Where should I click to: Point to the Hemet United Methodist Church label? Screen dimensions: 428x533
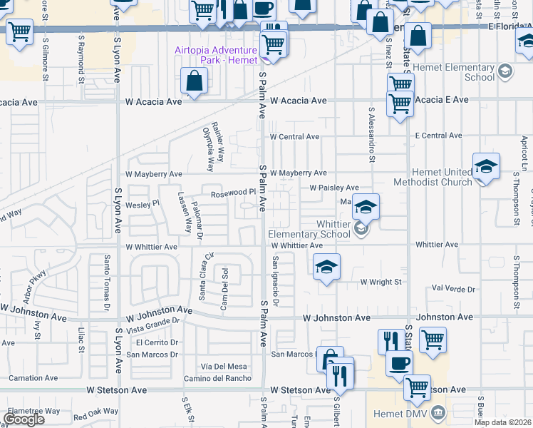442,177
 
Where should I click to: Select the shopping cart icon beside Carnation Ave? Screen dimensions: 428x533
19,32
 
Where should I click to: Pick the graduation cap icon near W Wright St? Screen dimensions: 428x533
326,267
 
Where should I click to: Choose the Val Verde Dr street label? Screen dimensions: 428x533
453,289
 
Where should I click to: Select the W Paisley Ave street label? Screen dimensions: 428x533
333,188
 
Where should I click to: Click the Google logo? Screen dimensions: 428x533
24,419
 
